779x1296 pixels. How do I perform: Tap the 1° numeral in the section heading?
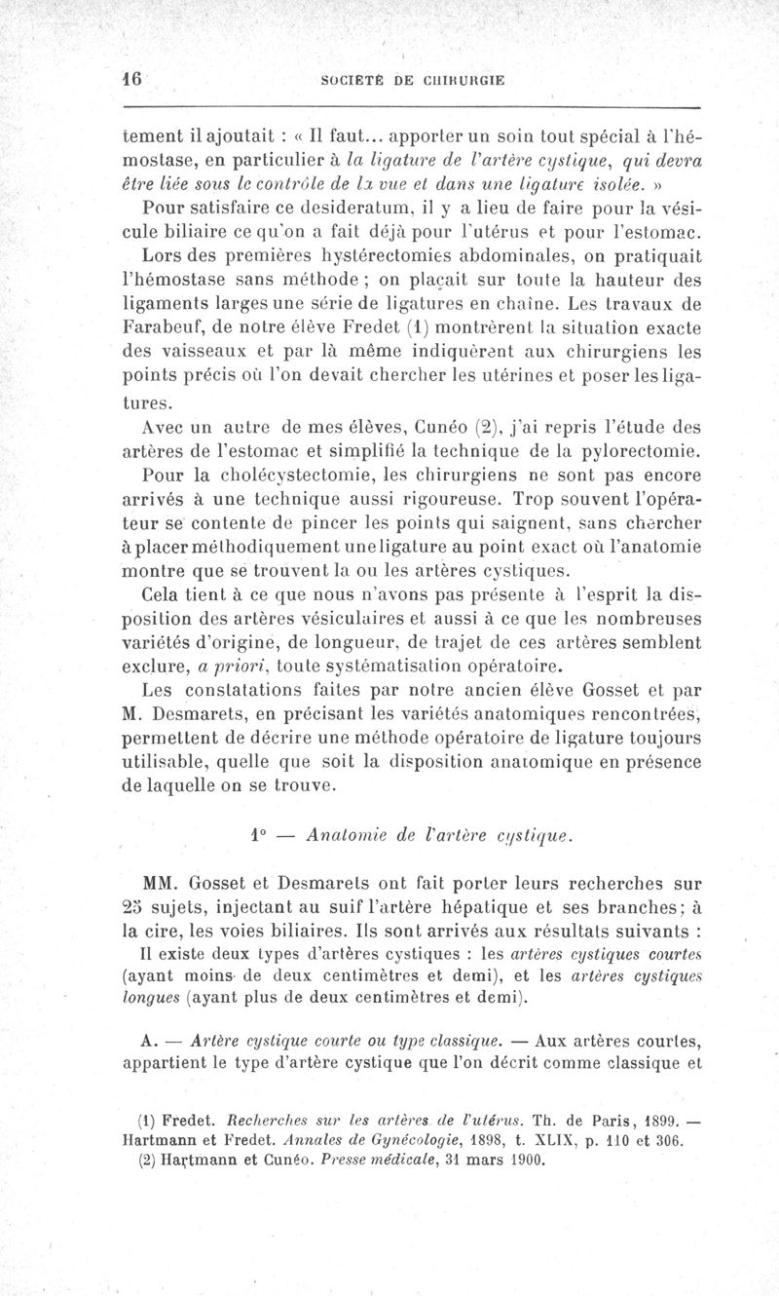(x=258, y=835)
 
